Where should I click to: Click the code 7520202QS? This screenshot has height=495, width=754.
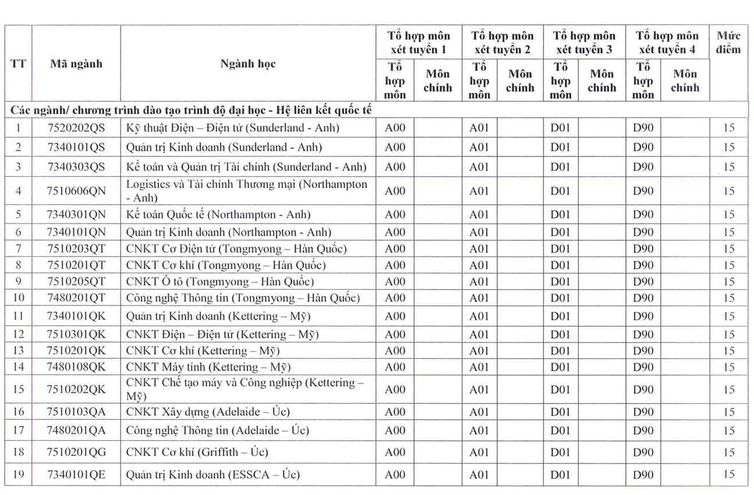pos(76,128)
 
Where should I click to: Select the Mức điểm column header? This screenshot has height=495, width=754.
pos(728,43)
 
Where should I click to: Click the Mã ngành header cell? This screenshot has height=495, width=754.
pos(76,64)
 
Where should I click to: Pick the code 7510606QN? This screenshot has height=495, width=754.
pos(76,191)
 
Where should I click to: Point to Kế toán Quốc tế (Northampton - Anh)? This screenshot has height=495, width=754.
pos(218,215)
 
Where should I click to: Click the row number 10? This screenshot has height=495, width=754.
pos(19,298)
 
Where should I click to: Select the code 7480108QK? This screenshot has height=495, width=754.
pos(76,367)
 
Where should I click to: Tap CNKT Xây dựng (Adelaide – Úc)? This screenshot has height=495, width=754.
pos(208,412)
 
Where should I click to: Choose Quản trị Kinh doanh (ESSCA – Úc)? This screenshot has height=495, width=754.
pos(213,475)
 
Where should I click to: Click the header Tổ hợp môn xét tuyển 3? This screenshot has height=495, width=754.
pos(584,43)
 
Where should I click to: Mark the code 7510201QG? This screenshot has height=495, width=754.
pos(76,452)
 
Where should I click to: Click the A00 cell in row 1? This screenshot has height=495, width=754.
pos(395,128)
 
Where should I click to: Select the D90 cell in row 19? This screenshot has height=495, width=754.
pos(643,475)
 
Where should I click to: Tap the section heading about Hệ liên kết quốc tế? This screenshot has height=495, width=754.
pos(191,109)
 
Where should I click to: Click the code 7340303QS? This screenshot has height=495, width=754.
pos(76,167)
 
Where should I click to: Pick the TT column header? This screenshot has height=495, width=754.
pos(19,64)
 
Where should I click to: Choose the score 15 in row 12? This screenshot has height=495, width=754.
pos(729,335)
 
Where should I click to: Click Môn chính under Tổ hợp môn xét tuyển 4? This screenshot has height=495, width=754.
pos(685,81)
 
